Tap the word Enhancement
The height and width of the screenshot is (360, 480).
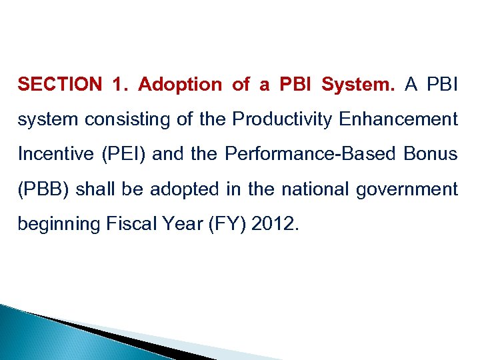point(399,120)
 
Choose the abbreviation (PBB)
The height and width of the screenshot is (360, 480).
point(44,189)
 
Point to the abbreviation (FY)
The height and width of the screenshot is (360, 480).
point(215,225)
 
